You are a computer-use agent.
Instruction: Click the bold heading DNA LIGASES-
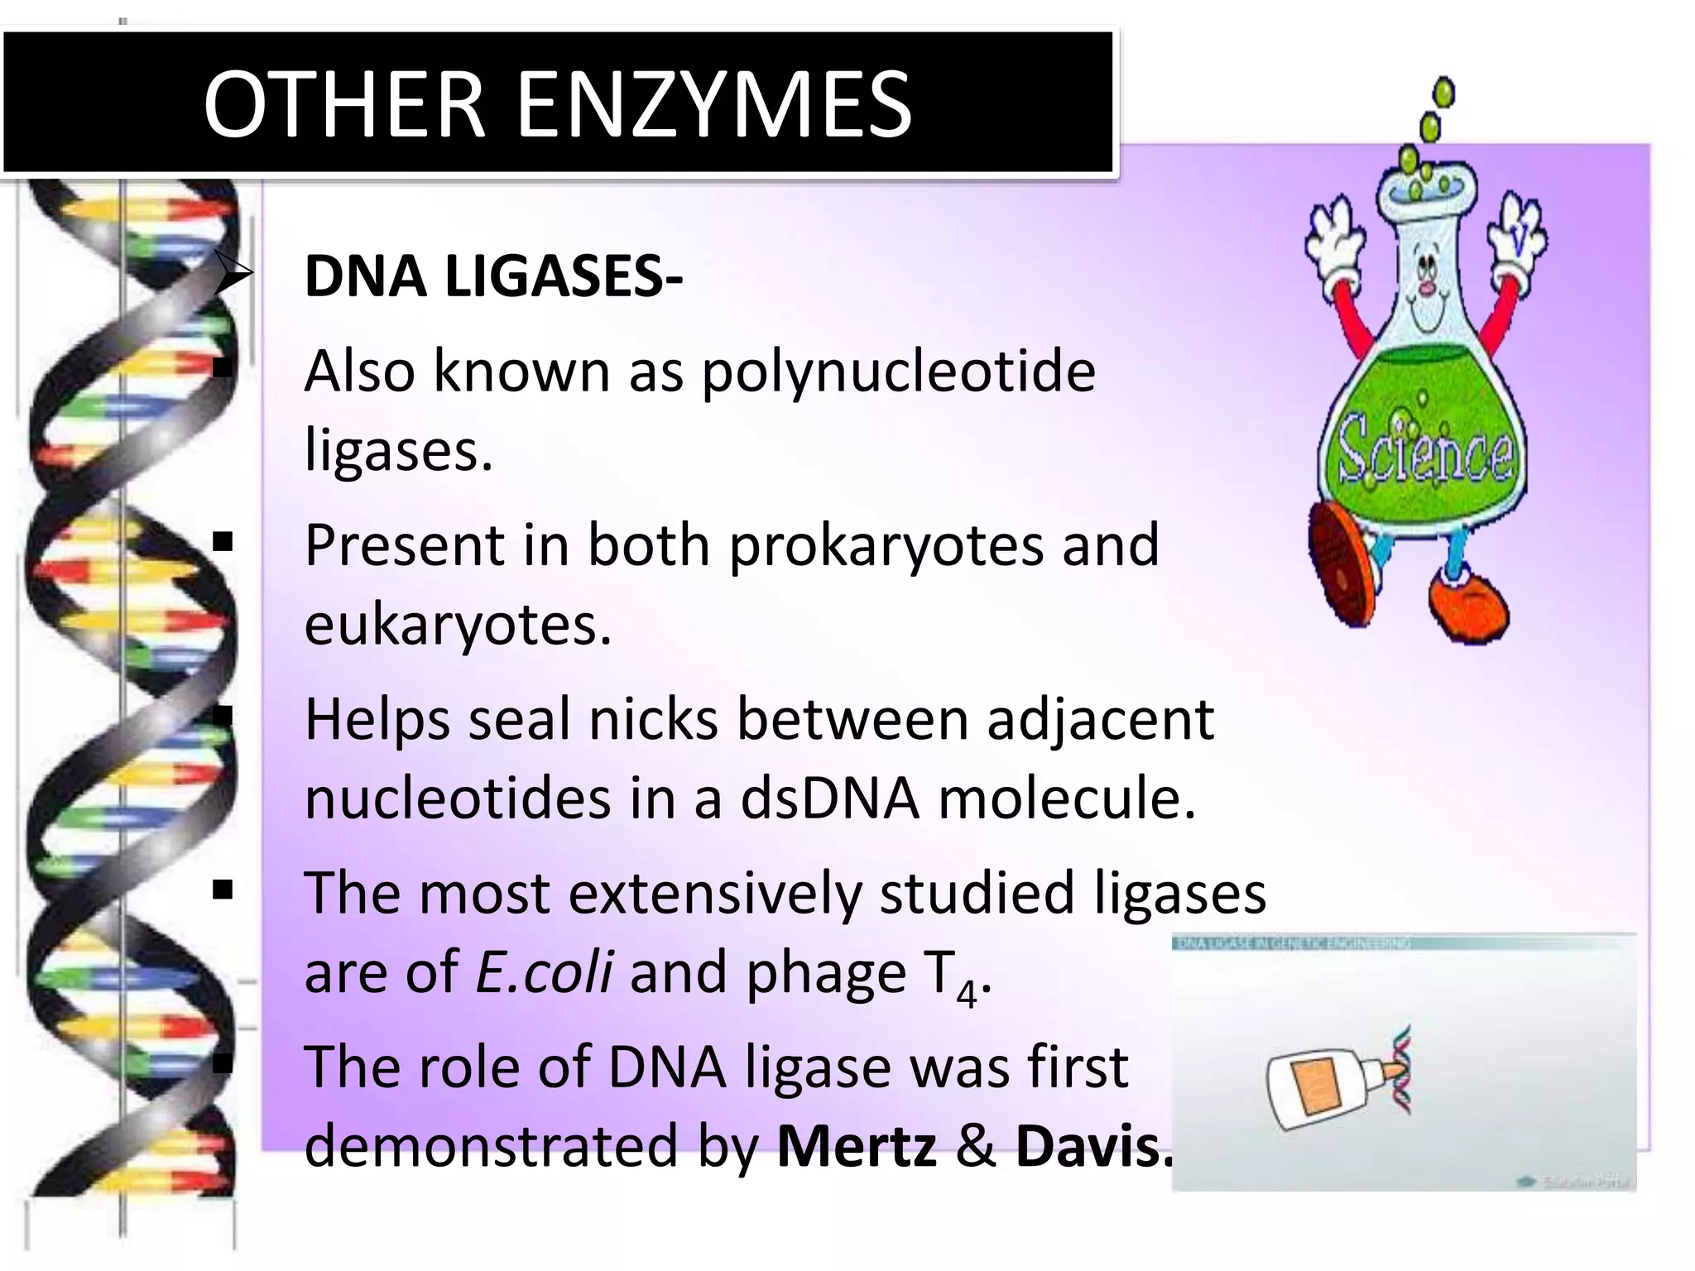pos(493,276)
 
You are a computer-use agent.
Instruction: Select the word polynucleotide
pos(899,372)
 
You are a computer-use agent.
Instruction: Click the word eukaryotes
pos(458,625)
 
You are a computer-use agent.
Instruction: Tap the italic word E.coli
pos(544,972)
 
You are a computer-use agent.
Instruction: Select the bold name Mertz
pos(857,1146)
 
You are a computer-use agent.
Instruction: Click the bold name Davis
pos(1093,1146)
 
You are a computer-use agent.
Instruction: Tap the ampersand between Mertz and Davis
pos(976,1146)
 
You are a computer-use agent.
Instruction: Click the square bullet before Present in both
pos(223,544)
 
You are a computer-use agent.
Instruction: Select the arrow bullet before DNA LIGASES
pos(231,273)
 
